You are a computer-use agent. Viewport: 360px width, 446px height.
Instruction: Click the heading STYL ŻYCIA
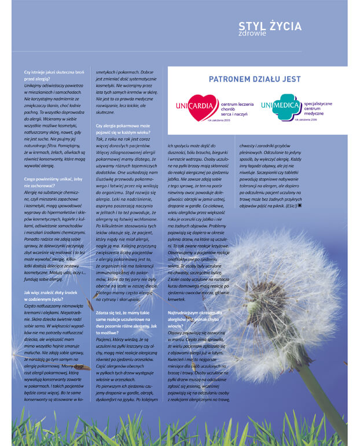[x=270, y=25]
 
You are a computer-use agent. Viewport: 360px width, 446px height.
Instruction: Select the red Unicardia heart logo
[x=196, y=105]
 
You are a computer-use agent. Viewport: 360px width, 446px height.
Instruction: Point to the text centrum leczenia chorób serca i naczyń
[x=237, y=107]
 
